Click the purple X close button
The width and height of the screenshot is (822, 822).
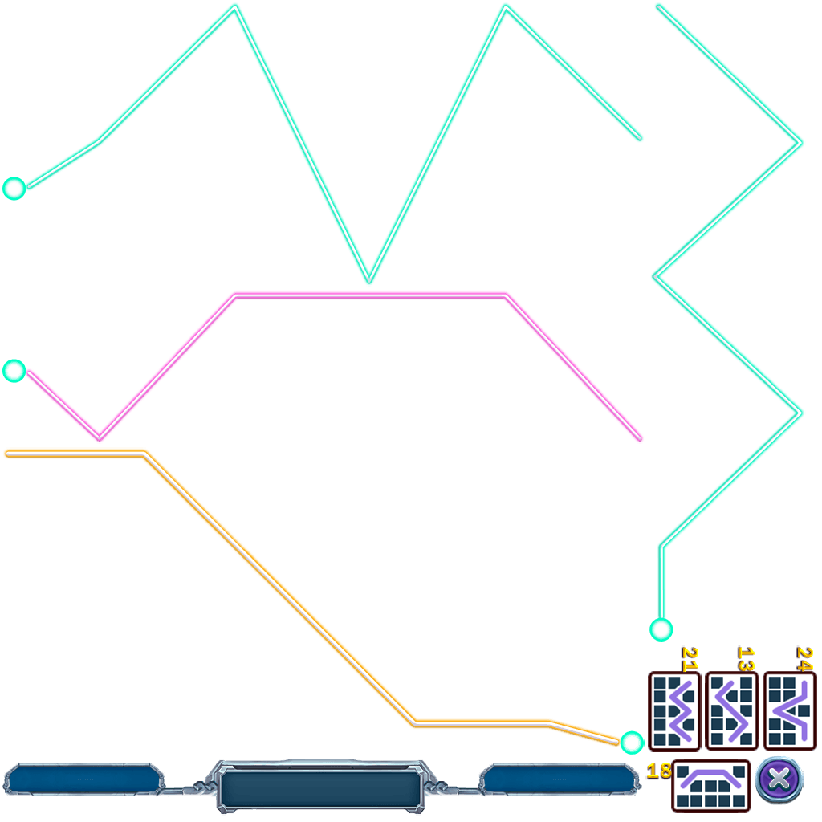pyautogui.click(x=779, y=779)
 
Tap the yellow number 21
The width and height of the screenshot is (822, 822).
pyautogui.click(x=690, y=658)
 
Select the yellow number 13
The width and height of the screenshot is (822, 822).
pyautogui.click(x=747, y=658)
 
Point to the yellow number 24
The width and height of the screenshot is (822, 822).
pyautogui.click(x=804, y=658)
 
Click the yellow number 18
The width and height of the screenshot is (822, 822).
pyautogui.click(x=659, y=771)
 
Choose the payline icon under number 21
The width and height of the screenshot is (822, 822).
pyautogui.click(x=673, y=710)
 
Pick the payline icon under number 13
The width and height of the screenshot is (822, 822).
pyautogui.click(x=731, y=710)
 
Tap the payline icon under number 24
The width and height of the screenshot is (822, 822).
pyautogui.click(x=789, y=710)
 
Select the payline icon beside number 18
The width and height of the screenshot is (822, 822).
pyautogui.click(x=710, y=785)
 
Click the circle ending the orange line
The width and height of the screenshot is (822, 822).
pyautogui.click(x=632, y=743)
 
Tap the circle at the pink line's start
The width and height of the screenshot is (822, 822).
pyautogui.click(x=14, y=370)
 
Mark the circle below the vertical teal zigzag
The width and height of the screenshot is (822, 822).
pyautogui.click(x=661, y=629)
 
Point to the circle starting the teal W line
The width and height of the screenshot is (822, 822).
pyautogui.click(x=14, y=189)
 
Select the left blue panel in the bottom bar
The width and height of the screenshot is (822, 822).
pyautogui.click(x=83, y=779)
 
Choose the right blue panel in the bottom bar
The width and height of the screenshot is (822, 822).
pyautogui.click(x=560, y=779)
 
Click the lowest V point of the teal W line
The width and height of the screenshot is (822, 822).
pyautogui.click(x=368, y=280)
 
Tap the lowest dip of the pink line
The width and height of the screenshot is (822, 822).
pyautogui.click(x=100, y=437)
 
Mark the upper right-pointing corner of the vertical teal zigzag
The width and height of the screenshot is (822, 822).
pyautogui.click(x=800, y=143)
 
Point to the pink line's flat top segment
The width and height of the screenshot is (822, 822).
pyautogui.click(x=369, y=295)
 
